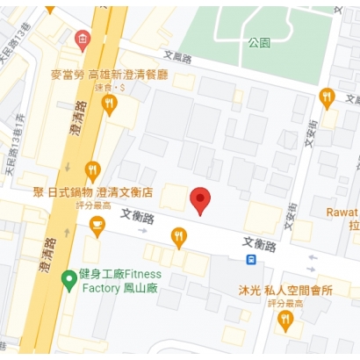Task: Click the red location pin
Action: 201,199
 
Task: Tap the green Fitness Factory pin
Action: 68,279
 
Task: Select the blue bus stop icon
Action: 251,259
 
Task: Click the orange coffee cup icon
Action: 97,227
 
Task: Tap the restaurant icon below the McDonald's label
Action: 109,104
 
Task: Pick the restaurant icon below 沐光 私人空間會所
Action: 284,320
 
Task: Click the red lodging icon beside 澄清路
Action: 82,39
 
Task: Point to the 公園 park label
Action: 259,42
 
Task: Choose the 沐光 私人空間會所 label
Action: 284,291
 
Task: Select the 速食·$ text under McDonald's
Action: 109,88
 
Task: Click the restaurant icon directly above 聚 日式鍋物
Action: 92,170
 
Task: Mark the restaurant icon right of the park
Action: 327,97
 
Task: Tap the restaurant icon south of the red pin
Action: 179,236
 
